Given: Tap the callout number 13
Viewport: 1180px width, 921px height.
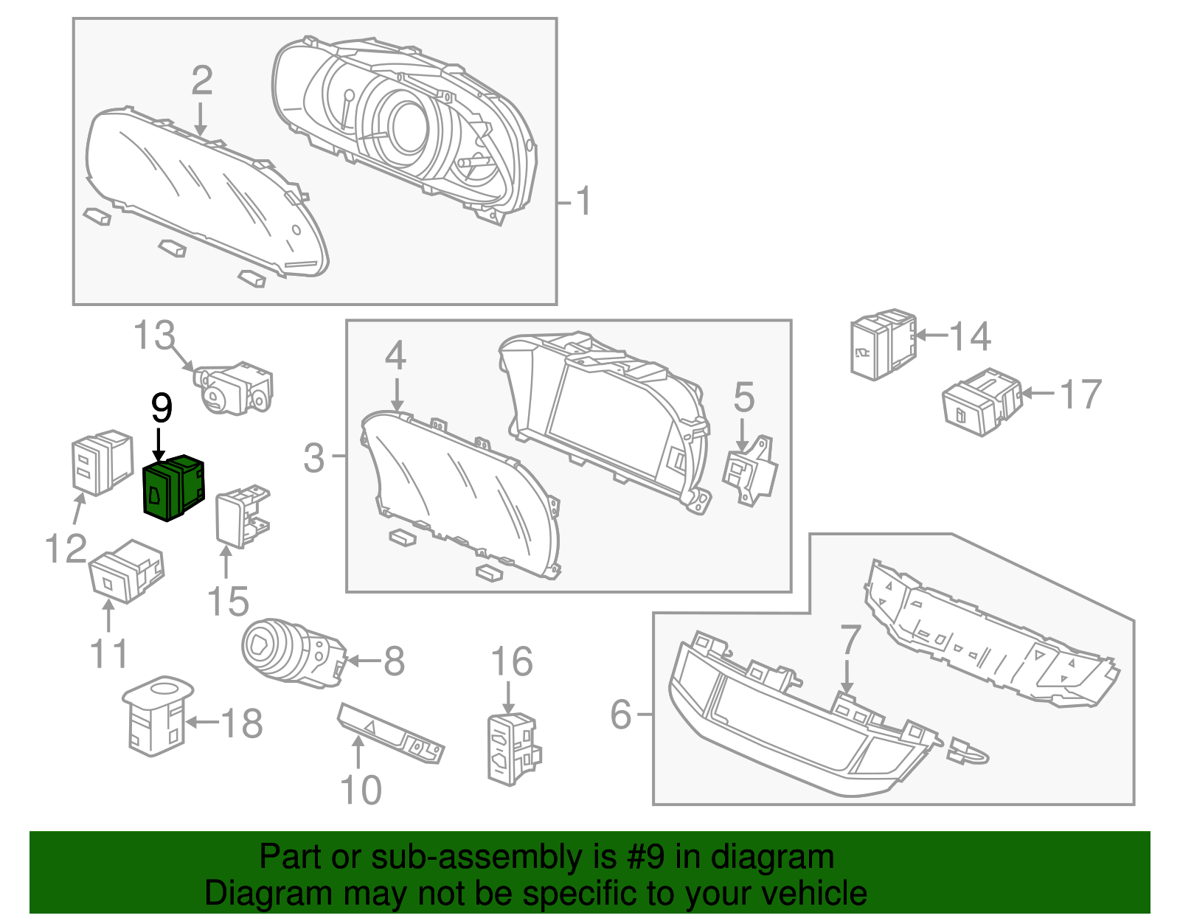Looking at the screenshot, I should [x=154, y=336].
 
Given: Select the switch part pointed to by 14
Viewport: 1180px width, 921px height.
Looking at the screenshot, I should [x=883, y=344].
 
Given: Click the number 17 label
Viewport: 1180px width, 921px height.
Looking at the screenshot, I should [x=1080, y=395].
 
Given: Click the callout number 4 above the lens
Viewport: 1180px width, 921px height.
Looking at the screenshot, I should [x=395, y=356].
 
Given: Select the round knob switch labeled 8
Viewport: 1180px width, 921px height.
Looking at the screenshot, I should [x=291, y=653].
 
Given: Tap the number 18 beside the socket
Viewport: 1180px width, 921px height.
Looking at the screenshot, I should [x=242, y=723].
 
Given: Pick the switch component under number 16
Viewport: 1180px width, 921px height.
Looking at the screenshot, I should [x=513, y=748].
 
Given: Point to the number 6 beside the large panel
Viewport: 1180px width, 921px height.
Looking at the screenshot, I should [x=621, y=714].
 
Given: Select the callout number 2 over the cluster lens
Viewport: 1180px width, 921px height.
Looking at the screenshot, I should [x=201, y=80].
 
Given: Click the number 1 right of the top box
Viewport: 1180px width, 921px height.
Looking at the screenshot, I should [x=583, y=201].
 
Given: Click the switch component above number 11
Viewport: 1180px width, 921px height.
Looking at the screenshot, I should [x=125, y=571].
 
